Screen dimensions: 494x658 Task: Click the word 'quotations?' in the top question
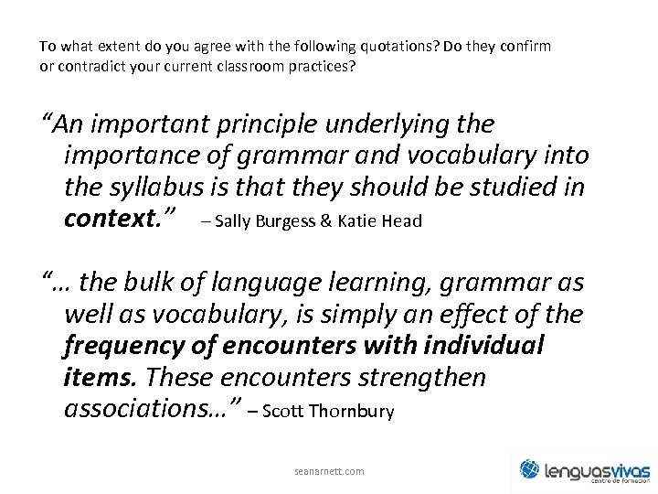click(363, 45)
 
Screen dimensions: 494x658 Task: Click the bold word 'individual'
click(483, 347)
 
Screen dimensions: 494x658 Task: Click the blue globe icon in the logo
click(531, 469)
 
